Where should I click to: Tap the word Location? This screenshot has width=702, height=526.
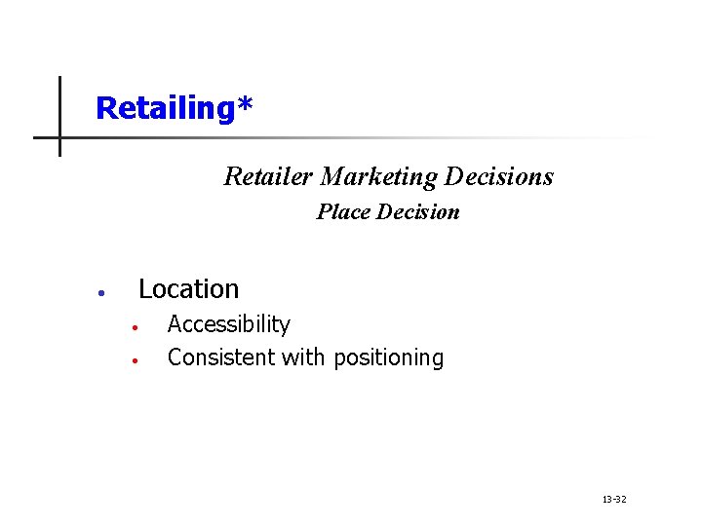point(188,289)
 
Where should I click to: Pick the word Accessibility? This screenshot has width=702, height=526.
point(228,324)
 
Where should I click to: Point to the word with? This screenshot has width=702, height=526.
point(304,357)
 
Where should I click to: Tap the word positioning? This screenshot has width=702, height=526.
point(388,358)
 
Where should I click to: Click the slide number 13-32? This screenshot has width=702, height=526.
point(614,500)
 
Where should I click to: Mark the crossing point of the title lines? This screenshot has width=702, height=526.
point(59,137)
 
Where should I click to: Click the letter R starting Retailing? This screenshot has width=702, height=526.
point(106,108)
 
